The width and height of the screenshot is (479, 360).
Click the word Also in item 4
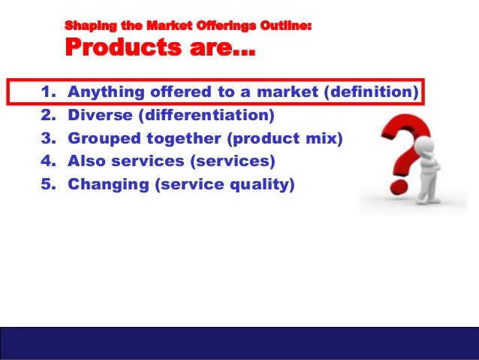point(86,162)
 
